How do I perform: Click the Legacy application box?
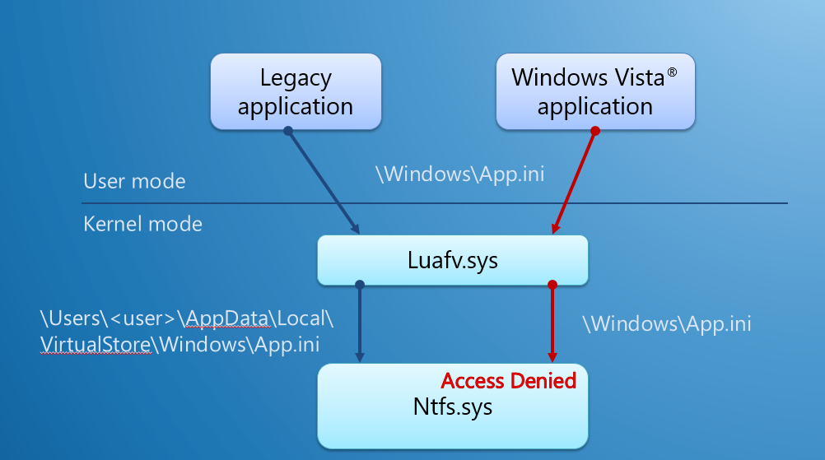(x=296, y=91)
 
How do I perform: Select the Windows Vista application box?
(x=594, y=91)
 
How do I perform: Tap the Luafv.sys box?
(x=452, y=261)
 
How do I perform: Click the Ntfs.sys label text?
(x=452, y=407)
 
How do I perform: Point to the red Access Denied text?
(x=508, y=380)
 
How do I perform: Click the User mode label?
(x=134, y=182)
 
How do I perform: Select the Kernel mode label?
(x=142, y=224)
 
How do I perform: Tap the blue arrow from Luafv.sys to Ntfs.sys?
(x=359, y=323)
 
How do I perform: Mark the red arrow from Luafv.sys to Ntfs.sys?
(x=552, y=323)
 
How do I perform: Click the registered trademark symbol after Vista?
(x=672, y=73)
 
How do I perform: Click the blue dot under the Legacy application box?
(x=287, y=131)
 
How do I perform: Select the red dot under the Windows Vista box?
(x=594, y=131)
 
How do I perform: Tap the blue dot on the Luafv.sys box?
(x=359, y=286)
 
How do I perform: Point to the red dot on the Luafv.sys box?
(x=552, y=286)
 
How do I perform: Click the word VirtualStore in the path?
(x=96, y=345)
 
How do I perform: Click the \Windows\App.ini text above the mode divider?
(x=459, y=174)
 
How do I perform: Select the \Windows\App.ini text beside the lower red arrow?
(x=666, y=323)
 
